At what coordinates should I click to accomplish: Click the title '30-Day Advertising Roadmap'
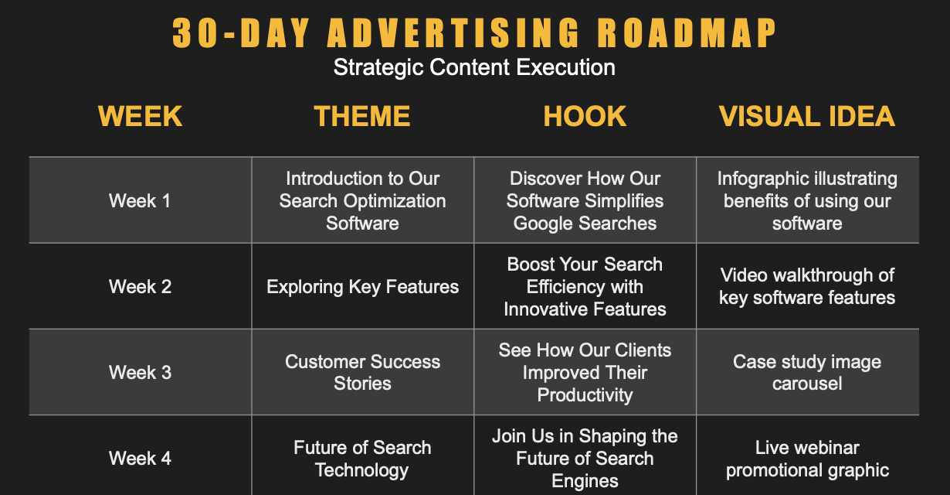pos(474,32)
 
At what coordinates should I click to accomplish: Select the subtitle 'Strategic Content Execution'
pos(474,67)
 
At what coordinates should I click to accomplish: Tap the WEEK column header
pos(141,116)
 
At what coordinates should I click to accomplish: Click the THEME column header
pos(362,116)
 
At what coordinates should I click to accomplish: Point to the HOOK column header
pos(585,116)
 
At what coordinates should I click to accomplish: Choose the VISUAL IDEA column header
pos(807,116)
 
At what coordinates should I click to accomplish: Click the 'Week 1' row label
pos(141,201)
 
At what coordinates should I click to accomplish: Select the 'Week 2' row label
pos(141,287)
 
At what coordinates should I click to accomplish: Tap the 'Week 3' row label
pos(141,373)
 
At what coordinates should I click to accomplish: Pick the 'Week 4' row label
pos(141,459)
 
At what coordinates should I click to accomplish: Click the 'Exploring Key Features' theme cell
pos(362,287)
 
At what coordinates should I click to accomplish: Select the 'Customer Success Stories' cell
pos(362,373)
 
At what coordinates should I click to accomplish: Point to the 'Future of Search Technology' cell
pos(362,459)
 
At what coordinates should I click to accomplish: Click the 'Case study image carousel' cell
pos(807,373)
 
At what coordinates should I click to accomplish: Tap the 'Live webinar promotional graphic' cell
pos(807,459)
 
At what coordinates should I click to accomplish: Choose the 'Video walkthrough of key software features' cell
pos(807,287)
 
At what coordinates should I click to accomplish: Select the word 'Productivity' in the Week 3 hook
pos(585,395)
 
